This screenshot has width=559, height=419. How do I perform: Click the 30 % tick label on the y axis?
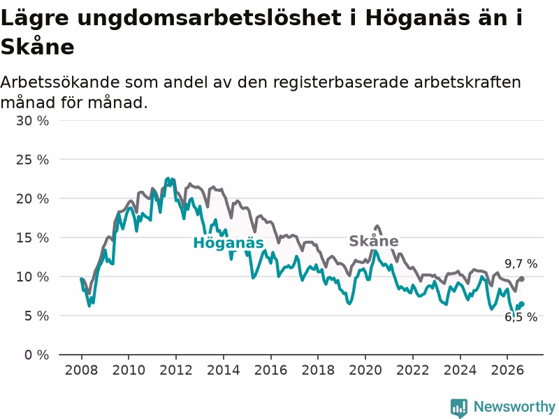click(x=32, y=121)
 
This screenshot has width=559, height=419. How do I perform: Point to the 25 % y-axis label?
click(x=32, y=160)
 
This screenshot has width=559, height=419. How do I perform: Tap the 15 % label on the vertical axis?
click(x=32, y=238)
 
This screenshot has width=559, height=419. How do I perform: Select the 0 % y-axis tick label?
click(x=37, y=355)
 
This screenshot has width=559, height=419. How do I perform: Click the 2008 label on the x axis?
click(x=81, y=370)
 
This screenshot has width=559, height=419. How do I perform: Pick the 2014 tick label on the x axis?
click(x=223, y=370)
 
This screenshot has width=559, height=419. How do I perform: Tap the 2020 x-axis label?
click(x=365, y=370)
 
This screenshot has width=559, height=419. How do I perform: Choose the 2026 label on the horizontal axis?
click(x=507, y=370)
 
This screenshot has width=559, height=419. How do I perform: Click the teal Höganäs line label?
click(x=228, y=243)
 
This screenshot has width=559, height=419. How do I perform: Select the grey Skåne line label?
click(x=374, y=241)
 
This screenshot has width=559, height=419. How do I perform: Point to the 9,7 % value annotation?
click(x=521, y=264)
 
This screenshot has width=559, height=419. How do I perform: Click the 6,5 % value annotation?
click(x=521, y=317)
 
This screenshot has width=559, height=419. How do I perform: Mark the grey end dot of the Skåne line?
click(x=521, y=279)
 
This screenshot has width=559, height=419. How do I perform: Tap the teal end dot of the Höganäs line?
click(x=521, y=304)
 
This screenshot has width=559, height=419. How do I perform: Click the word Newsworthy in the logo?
click(x=514, y=406)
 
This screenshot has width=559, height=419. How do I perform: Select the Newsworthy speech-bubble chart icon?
click(x=459, y=408)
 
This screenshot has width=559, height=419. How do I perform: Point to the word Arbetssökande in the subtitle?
click(x=60, y=82)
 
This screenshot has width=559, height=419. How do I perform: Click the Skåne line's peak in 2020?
click(x=377, y=226)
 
